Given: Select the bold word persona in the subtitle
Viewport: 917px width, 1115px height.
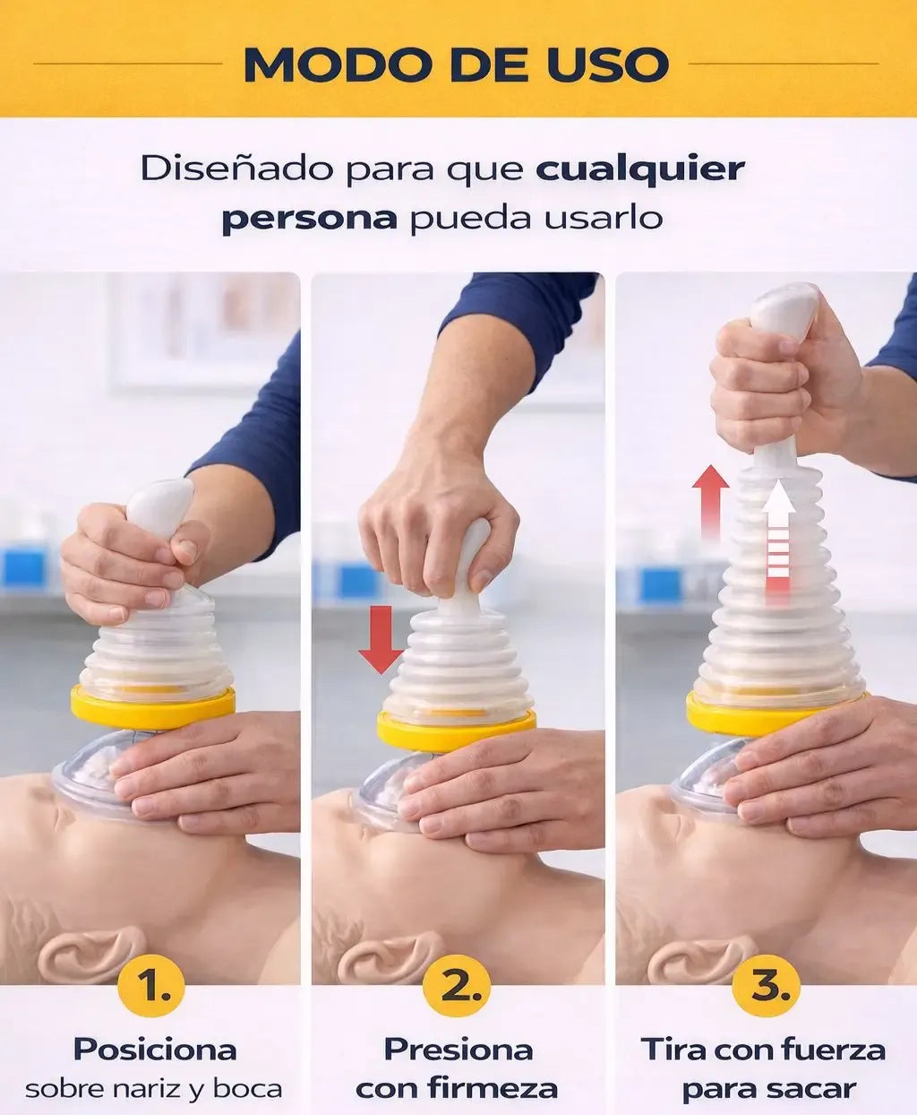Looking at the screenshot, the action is [310, 218].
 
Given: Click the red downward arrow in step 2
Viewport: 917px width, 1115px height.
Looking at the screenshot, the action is [381, 640].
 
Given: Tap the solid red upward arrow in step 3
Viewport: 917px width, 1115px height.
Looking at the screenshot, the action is [711, 504].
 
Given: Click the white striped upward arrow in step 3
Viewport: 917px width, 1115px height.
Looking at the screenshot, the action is [778, 545].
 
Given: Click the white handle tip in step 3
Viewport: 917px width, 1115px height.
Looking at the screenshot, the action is [784, 310].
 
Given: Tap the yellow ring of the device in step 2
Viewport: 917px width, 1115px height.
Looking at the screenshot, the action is [456, 731].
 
